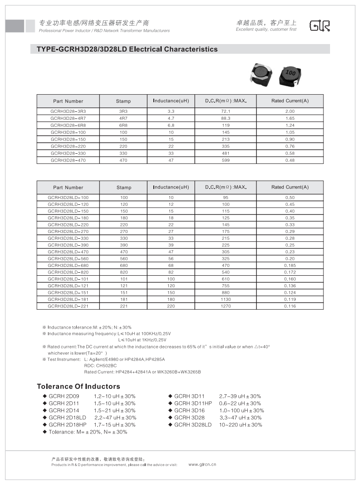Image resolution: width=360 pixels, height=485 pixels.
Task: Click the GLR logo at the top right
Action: pos(320,26)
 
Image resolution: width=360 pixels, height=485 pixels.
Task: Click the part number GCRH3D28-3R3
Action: pos(68,111)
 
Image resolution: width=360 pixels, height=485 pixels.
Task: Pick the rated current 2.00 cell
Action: pos(289,111)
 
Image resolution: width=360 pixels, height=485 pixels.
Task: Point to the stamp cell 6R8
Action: pos(123,126)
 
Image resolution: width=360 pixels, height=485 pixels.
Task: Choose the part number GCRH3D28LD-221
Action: pos(68,306)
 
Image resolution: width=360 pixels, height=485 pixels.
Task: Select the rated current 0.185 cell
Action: pos(289,266)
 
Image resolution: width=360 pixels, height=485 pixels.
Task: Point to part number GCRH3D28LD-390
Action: pos(68,245)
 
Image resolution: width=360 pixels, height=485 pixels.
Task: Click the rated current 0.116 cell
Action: pos(289,306)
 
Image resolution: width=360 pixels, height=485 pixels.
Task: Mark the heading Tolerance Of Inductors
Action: pos(78,386)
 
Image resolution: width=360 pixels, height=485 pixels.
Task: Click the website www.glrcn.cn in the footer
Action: pos(202,464)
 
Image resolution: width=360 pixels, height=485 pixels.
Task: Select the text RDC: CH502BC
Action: pos(100,366)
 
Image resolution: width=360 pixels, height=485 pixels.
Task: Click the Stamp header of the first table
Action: pos(123,101)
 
